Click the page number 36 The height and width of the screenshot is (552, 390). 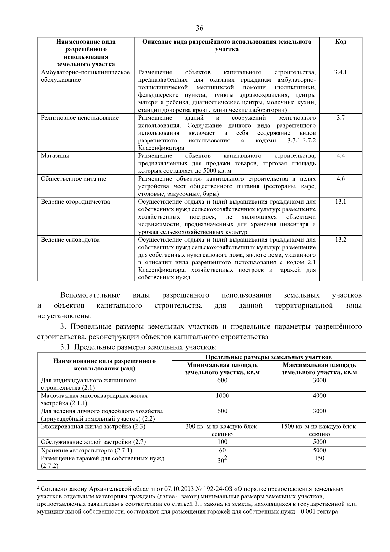[x=200, y=28]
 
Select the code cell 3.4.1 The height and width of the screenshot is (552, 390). [x=340, y=72]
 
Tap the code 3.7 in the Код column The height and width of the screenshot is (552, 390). [x=340, y=118]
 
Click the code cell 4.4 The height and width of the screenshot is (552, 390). [x=340, y=156]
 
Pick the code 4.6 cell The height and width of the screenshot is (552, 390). [x=340, y=179]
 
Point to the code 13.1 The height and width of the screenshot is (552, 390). [x=340, y=202]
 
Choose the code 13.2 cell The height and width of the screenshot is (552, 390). [x=340, y=240]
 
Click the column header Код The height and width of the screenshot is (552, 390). [x=340, y=42]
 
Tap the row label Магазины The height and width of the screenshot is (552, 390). [x=55, y=156]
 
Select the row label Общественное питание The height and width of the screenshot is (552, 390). [x=73, y=179]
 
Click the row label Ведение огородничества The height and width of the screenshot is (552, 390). [x=75, y=202]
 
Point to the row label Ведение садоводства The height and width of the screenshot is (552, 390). [x=70, y=240]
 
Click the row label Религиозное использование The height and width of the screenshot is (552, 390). [x=80, y=118]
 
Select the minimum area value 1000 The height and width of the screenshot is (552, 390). [x=222, y=396]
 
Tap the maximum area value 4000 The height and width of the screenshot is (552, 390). [x=319, y=396]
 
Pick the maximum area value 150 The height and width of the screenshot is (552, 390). [x=319, y=458]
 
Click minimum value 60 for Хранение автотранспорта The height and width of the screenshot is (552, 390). [x=222, y=451]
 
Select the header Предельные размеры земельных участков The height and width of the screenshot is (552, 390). [x=268, y=357]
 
